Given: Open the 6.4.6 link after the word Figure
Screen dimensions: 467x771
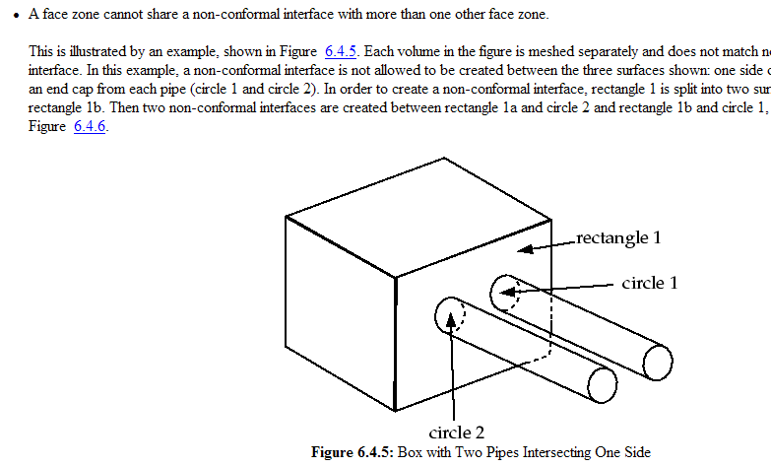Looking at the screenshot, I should click(x=90, y=126).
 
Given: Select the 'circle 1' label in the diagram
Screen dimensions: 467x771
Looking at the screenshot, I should click(x=649, y=283).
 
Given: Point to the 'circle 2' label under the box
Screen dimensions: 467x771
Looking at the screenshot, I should click(x=457, y=432).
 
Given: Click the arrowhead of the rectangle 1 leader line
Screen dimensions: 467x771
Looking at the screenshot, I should click(x=525, y=249).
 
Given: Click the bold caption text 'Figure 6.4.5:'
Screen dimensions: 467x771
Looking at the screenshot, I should click(x=352, y=452).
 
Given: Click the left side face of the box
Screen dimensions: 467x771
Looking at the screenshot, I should click(x=340, y=315).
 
